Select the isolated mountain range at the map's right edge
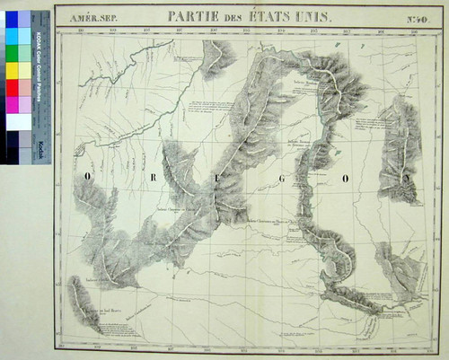tap(400, 148)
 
